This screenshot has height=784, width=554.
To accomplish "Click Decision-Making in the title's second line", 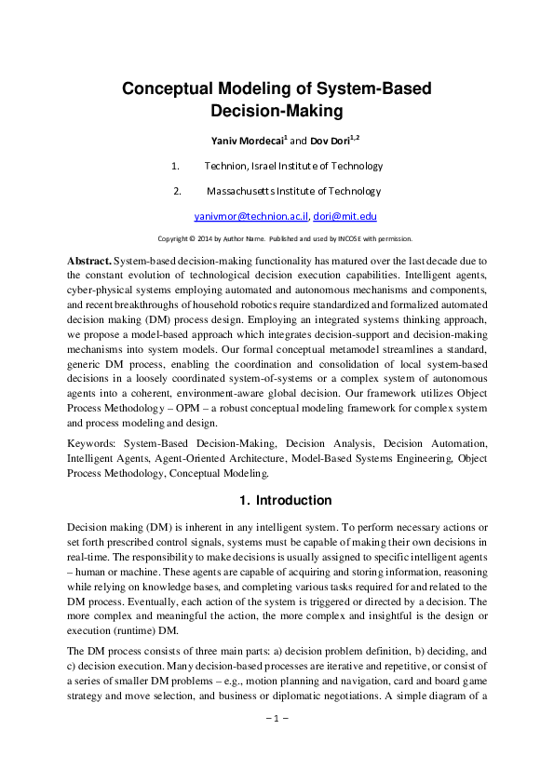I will coord(277,112).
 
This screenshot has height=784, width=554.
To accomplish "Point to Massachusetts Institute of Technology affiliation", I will coord(293,191).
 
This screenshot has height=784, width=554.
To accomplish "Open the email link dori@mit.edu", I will coord(344,216).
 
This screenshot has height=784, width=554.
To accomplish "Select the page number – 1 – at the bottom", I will coord(277,745).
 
